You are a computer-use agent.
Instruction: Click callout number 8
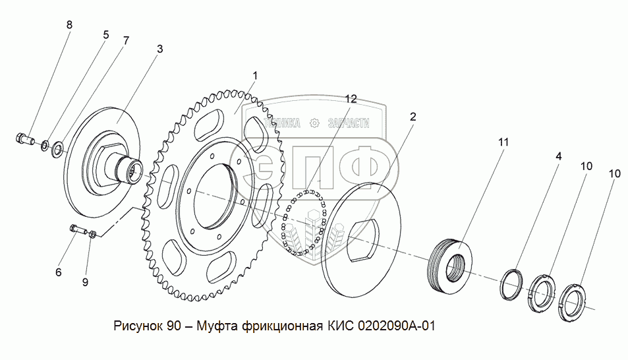tap(69, 25)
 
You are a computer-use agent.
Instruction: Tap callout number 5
tap(105, 34)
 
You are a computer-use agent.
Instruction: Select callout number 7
tap(125, 40)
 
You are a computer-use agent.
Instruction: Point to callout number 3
tap(159, 49)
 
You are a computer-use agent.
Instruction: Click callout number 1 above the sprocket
tap(255, 76)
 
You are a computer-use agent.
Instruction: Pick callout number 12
tap(351, 99)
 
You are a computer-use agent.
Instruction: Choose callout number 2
tap(413, 117)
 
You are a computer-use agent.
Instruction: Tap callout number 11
tap(504, 142)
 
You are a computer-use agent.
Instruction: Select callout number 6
tap(58, 272)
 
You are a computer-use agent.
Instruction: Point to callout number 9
tap(85, 282)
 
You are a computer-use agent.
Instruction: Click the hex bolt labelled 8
tap(24, 138)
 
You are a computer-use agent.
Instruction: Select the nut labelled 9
tap(94, 233)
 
